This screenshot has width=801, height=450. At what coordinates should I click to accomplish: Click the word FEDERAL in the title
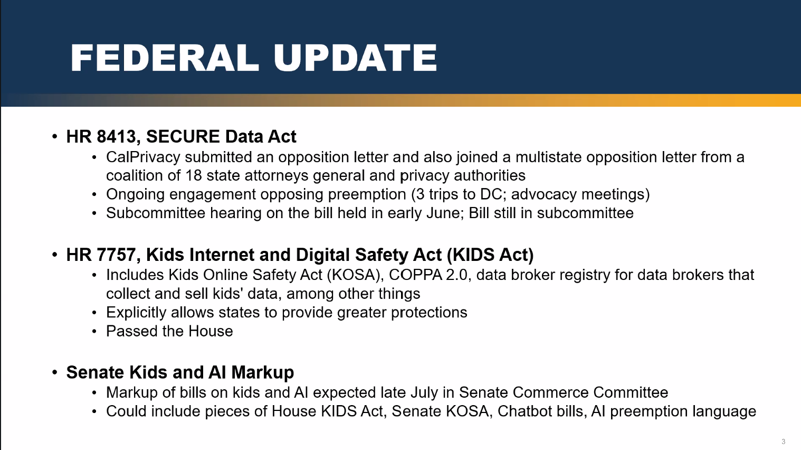pos(165,58)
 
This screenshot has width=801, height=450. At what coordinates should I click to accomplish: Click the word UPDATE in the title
pos(355,58)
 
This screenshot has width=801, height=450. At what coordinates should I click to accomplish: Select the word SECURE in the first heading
pos(183,136)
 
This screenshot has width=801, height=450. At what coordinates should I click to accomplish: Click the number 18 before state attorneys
pos(193,175)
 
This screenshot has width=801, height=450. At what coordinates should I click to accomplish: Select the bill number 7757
pos(116,255)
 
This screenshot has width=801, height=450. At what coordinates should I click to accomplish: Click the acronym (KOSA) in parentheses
pos(356,275)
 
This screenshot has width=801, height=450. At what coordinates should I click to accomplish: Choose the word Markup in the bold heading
pos(262,372)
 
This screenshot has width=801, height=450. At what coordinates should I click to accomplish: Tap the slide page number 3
pos(783,442)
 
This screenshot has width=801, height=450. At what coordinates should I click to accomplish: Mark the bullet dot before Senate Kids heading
pos(55,372)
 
